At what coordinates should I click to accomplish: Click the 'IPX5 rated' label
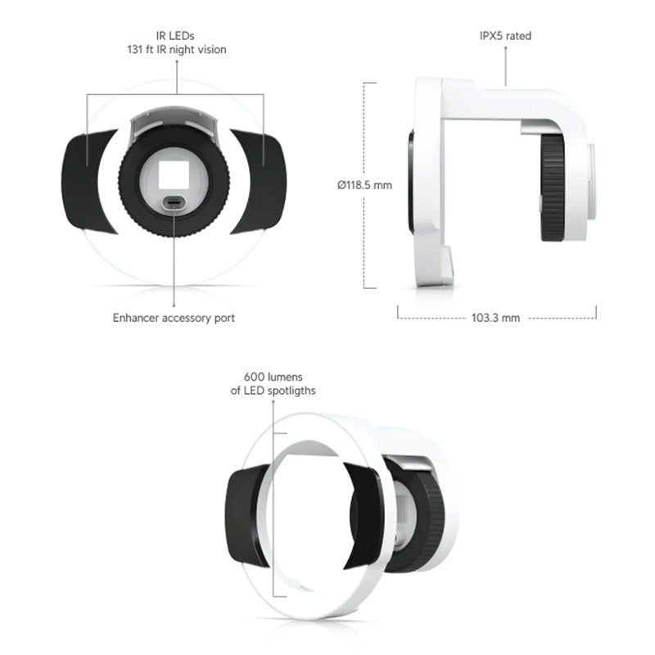[x=505, y=36]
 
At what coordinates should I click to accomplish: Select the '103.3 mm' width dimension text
[x=497, y=318]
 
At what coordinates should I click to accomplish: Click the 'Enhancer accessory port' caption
[x=174, y=318]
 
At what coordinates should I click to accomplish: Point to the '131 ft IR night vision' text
[x=174, y=49]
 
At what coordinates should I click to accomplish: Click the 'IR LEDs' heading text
[x=174, y=36]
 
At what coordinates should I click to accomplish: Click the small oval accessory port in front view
[x=174, y=203]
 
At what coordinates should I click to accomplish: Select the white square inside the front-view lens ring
[x=174, y=174]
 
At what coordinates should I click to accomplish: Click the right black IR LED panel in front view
[x=262, y=180]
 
